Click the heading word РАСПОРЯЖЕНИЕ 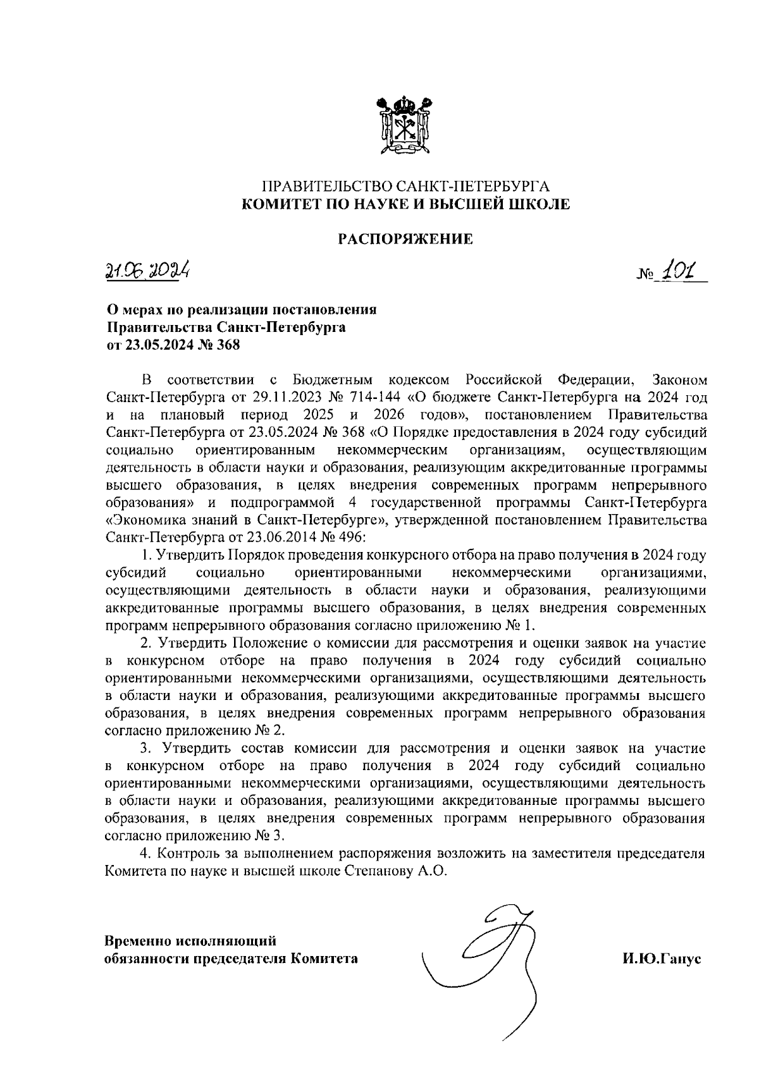tap(405, 239)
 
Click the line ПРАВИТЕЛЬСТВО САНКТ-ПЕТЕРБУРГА tap(405, 187)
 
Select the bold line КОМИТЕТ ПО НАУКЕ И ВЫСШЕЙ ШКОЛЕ tap(405, 204)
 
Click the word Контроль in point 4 tap(187, 853)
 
